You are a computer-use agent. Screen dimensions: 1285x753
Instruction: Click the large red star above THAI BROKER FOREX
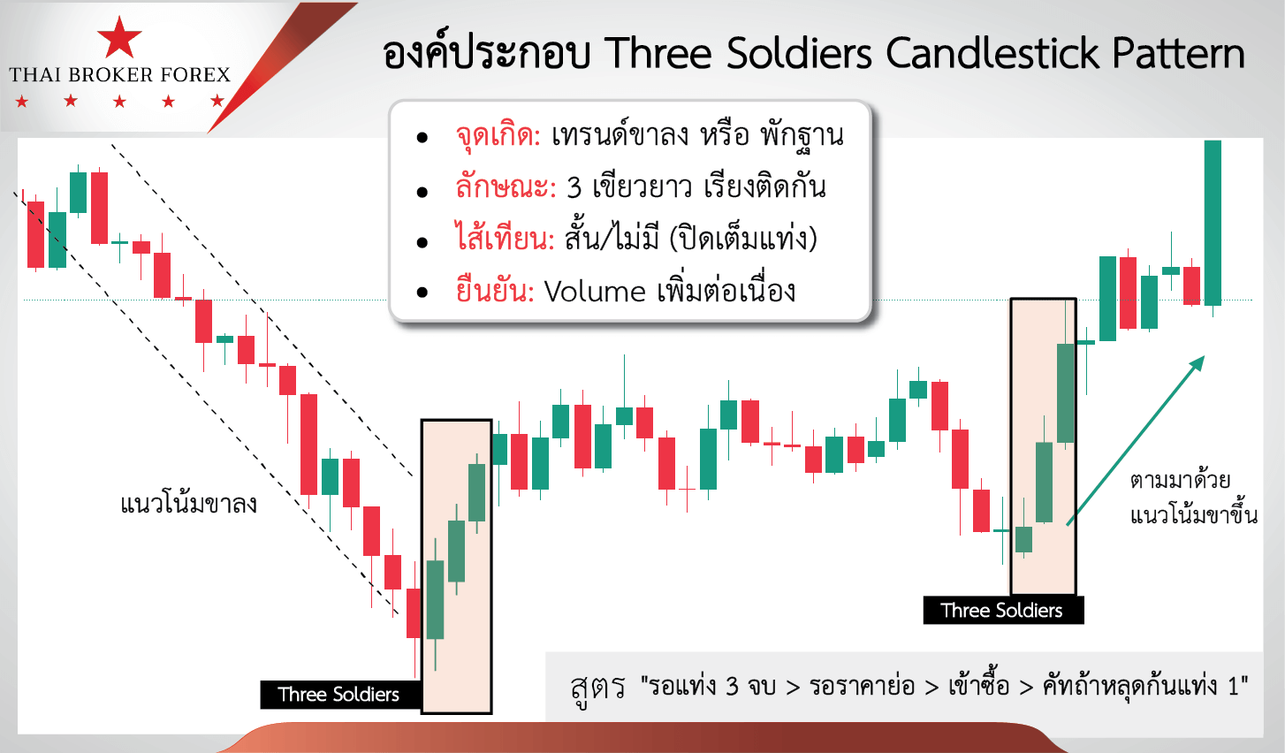119,37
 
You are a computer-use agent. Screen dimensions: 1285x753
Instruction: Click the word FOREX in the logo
195,74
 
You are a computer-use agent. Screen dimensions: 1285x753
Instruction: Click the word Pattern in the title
1178,53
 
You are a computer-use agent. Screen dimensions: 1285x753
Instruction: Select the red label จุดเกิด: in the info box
498,135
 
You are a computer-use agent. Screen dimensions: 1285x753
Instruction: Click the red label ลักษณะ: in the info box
506,187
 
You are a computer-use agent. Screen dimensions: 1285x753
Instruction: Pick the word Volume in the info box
595,292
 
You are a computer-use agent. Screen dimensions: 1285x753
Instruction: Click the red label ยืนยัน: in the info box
495,290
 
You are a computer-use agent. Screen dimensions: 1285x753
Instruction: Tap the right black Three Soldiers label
1003,610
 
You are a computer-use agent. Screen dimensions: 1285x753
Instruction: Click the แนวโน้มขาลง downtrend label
189,505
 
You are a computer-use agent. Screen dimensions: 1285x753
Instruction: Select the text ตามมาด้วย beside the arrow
1180,480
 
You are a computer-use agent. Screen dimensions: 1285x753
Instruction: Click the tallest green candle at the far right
1213,223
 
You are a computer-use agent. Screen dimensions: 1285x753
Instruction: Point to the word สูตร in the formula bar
597,688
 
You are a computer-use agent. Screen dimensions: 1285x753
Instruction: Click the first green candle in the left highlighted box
436,599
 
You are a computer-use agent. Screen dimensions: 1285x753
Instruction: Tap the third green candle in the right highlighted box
1065,393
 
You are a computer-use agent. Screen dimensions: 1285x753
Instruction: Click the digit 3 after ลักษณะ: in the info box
574,188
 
